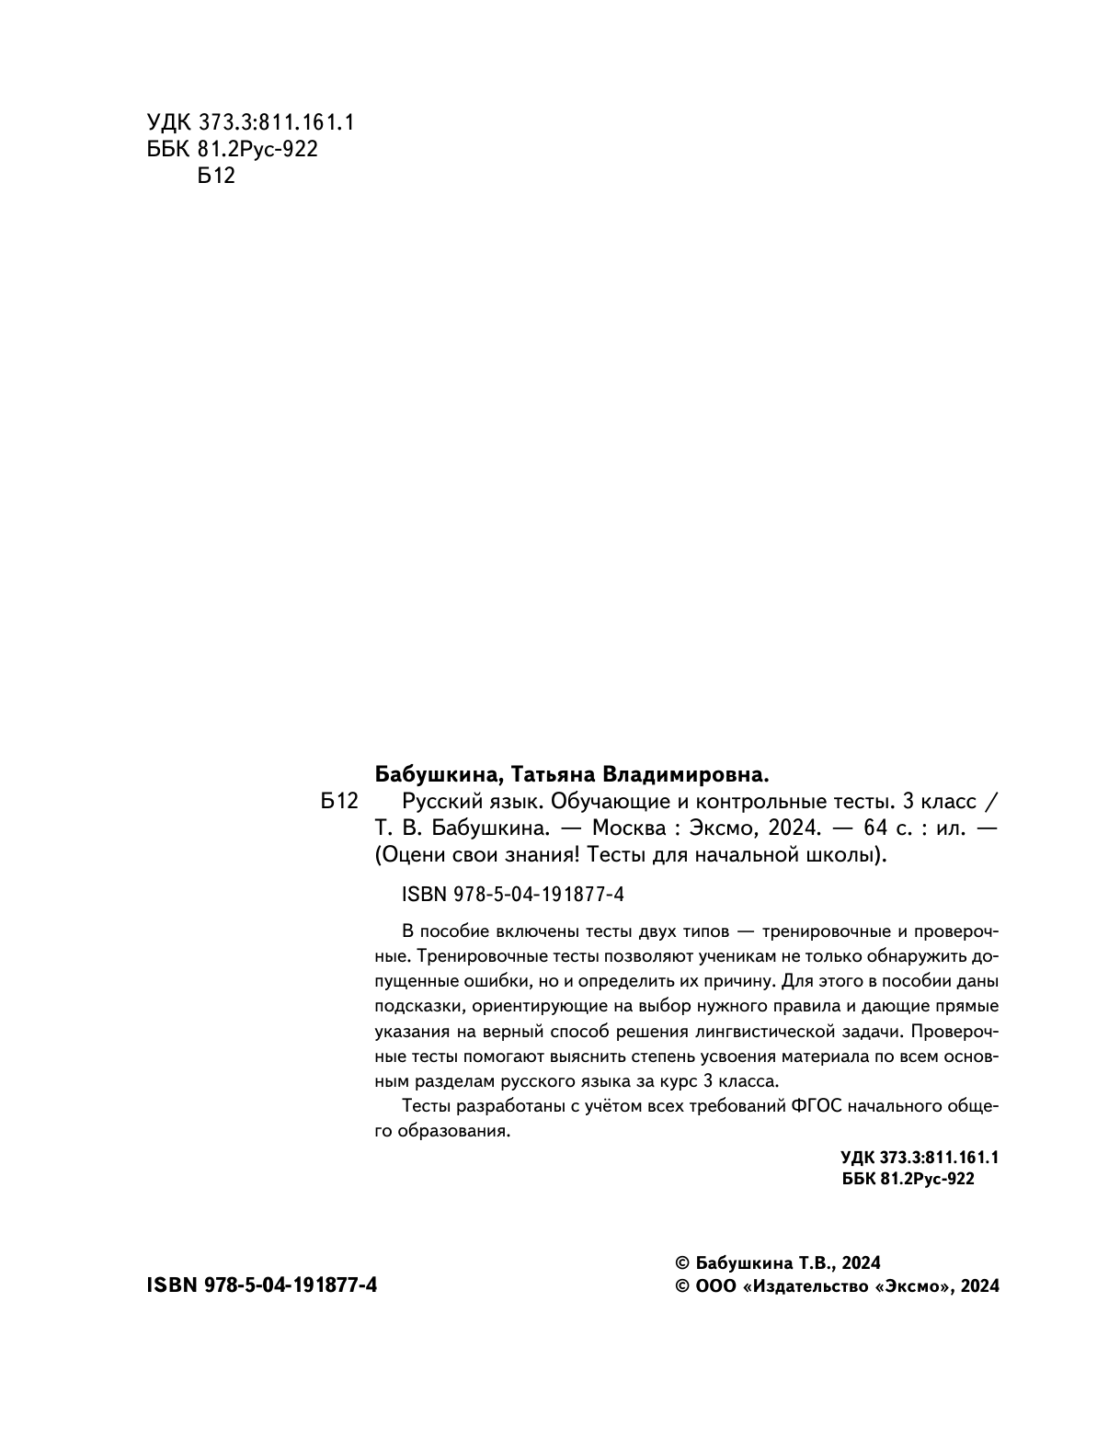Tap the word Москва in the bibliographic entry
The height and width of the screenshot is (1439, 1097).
coord(625,827)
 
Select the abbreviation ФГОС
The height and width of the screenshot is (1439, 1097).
coord(815,1104)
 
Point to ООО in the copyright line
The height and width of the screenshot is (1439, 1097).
coord(716,1286)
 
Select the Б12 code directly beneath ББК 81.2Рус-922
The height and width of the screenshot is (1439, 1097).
coord(217,176)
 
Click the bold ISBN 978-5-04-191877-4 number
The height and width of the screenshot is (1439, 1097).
coord(262,1285)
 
